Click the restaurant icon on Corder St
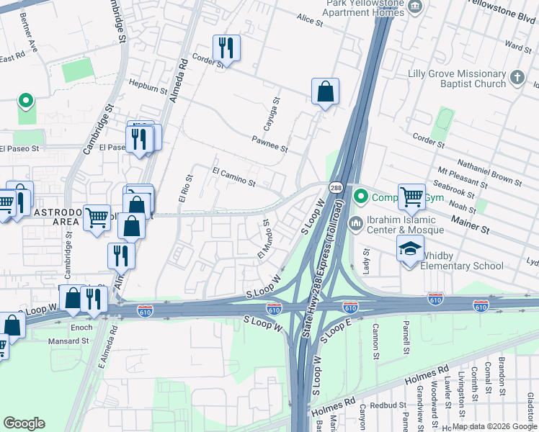point(227,48)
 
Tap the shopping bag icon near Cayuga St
point(325,91)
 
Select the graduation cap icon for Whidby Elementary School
point(410,248)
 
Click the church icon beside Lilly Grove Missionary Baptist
point(517,77)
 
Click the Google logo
point(24,423)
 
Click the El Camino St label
point(233,177)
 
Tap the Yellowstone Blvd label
point(502,10)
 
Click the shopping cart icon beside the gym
point(411,196)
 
